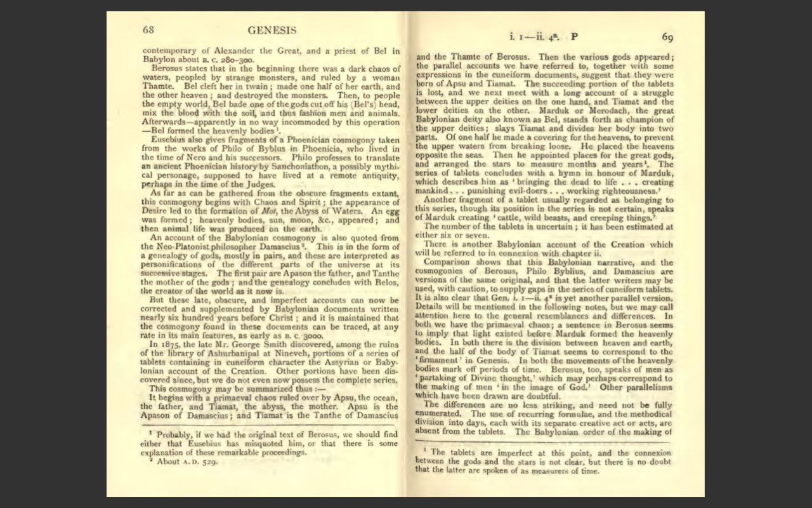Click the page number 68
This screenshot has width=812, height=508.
click(148, 30)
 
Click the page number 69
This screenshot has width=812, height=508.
click(667, 36)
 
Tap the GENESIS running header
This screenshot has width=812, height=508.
click(272, 30)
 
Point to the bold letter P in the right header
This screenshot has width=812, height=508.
click(575, 36)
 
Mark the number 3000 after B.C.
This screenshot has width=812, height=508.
click(311, 335)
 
